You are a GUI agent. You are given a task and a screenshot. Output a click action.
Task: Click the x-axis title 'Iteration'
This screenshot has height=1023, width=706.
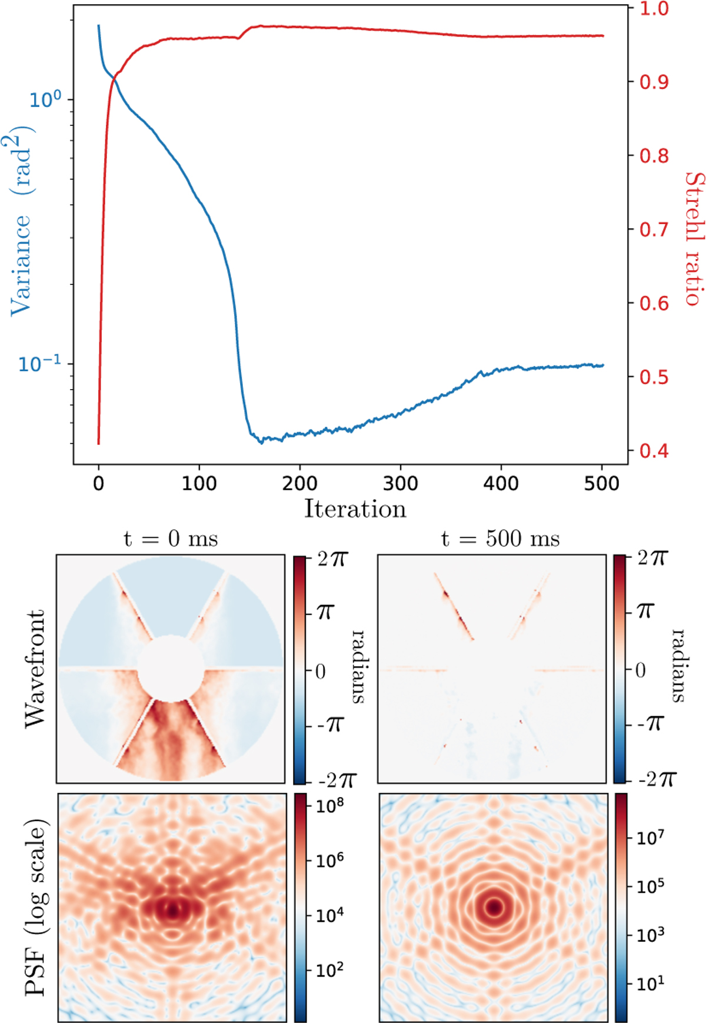click(x=355, y=509)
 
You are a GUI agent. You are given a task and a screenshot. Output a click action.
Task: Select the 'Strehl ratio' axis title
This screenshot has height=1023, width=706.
click(x=694, y=238)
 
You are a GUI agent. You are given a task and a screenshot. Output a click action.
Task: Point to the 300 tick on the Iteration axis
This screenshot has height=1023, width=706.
click(x=400, y=484)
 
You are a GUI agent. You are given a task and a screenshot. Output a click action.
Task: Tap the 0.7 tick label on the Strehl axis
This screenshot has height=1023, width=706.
click(x=654, y=229)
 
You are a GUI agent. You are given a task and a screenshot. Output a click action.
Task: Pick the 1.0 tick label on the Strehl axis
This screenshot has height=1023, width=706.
click(x=654, y=8)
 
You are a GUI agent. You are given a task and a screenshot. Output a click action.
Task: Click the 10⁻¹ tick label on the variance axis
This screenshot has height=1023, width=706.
click(x=39, y=364)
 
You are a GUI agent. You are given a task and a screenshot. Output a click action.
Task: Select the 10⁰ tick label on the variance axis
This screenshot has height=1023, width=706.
click(x=45, y=99)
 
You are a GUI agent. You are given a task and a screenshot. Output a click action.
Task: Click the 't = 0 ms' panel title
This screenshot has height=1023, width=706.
click(x=170, y=539)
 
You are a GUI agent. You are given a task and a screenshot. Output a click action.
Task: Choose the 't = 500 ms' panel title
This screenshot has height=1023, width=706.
click(x=500, y=539)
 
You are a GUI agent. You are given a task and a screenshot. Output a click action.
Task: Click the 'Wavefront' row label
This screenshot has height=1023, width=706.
click(x=35, y=669)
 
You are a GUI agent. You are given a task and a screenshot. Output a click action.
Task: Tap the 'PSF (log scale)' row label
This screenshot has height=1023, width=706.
click(x=36, y=906)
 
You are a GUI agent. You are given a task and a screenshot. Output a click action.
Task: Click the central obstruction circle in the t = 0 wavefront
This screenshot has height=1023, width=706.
click(x=171, y=669)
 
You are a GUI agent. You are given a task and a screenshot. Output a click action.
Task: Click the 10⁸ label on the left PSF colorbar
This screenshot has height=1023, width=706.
click(x=330, y=805)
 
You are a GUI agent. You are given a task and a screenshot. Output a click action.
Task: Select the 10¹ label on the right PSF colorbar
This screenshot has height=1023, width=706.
click(x=650, y=983)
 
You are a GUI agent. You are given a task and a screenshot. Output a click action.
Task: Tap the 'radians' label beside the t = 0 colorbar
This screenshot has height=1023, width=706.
click(x=358, y=666)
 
